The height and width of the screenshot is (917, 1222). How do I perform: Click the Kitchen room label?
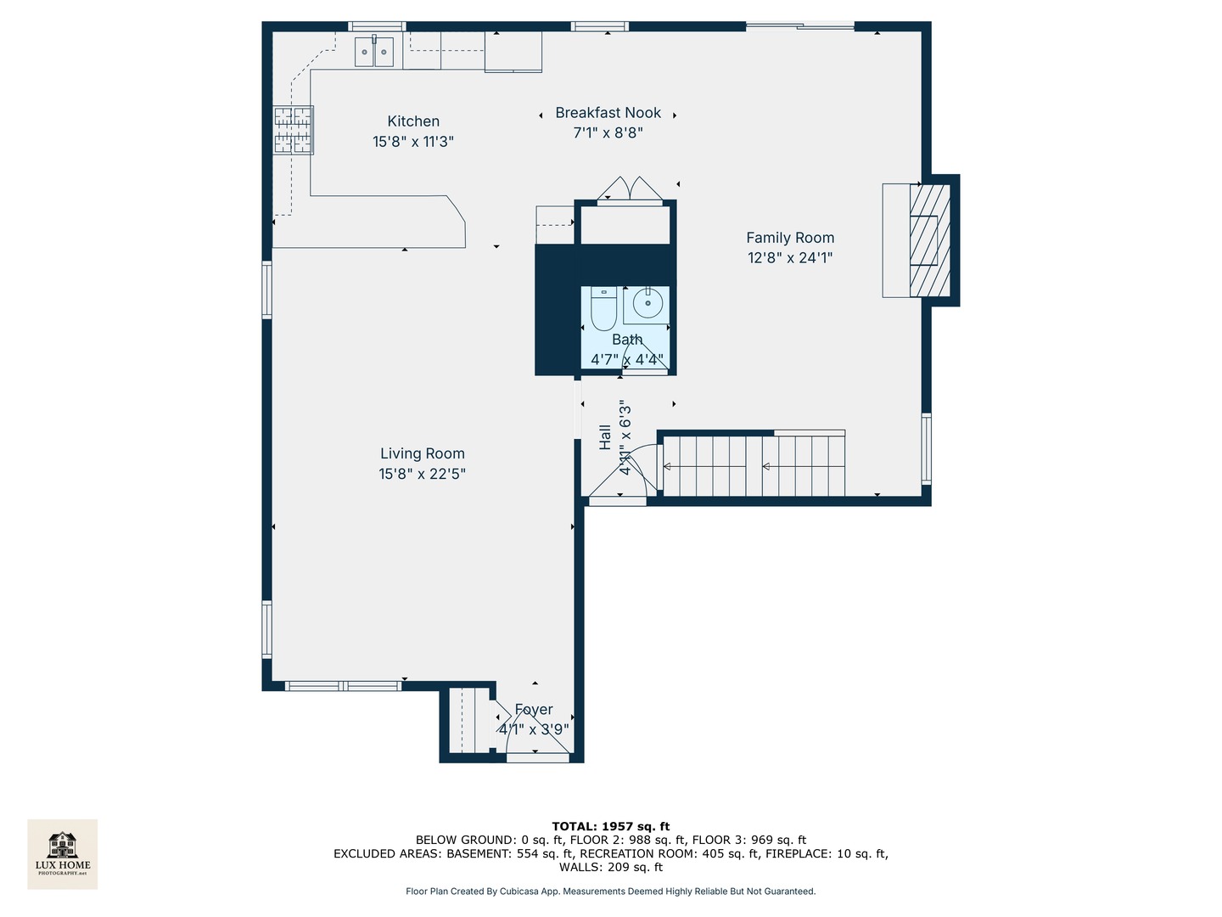pos(413,121)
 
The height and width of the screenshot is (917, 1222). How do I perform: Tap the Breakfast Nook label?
pos(608,113)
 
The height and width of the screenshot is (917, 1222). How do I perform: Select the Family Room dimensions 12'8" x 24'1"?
pos(790,258)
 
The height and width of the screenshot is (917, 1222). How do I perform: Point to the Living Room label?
pos(422,454)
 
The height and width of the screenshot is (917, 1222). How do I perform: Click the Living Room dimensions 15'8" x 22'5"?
pos(422,475)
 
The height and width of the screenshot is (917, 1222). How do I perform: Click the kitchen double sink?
pos(374,52)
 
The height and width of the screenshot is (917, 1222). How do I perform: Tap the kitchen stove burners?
pos(294,130)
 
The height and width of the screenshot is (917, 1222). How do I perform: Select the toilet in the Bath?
pos(603,309)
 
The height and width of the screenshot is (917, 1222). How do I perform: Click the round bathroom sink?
pos(647,303)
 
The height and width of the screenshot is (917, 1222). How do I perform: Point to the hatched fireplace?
pos(929,239)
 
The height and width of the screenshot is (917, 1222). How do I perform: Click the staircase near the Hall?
pos(753,465)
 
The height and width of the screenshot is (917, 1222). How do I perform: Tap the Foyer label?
pos(534,710)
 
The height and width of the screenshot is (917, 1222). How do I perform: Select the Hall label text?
pos(605,436)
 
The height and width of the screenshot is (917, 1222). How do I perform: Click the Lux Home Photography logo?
pos(63,853)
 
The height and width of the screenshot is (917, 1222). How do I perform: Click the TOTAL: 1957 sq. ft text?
pos(610,826)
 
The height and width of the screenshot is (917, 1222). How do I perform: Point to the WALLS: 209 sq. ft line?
pos(610,867)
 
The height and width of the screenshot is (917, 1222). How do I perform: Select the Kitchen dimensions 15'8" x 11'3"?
pos(413,142)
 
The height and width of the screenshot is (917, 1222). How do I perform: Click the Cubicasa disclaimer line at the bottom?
pos(610,892)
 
